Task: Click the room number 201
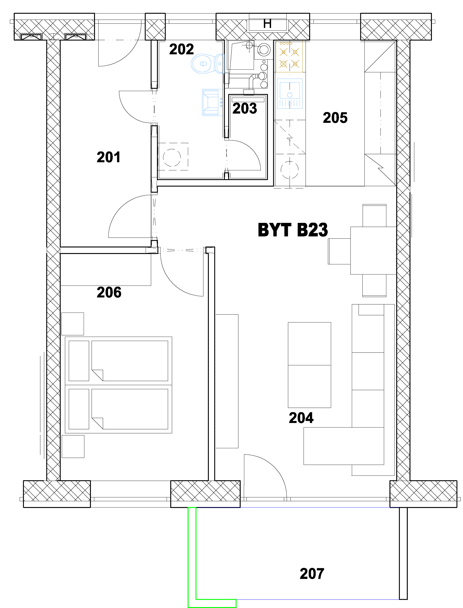point(109,157)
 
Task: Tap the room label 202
point(181,49)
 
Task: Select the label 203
point(245,108)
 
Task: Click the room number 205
point(335,118)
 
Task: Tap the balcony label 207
point(312,574)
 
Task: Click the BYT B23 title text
point(293,230)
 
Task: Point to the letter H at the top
point(267,24)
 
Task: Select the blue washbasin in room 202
point(212,102)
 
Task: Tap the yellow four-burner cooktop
point(289,57)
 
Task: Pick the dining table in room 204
point(374,251)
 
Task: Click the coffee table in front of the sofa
point(309,365)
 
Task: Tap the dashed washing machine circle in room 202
point(172,158)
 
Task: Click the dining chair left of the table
point(339,251)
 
